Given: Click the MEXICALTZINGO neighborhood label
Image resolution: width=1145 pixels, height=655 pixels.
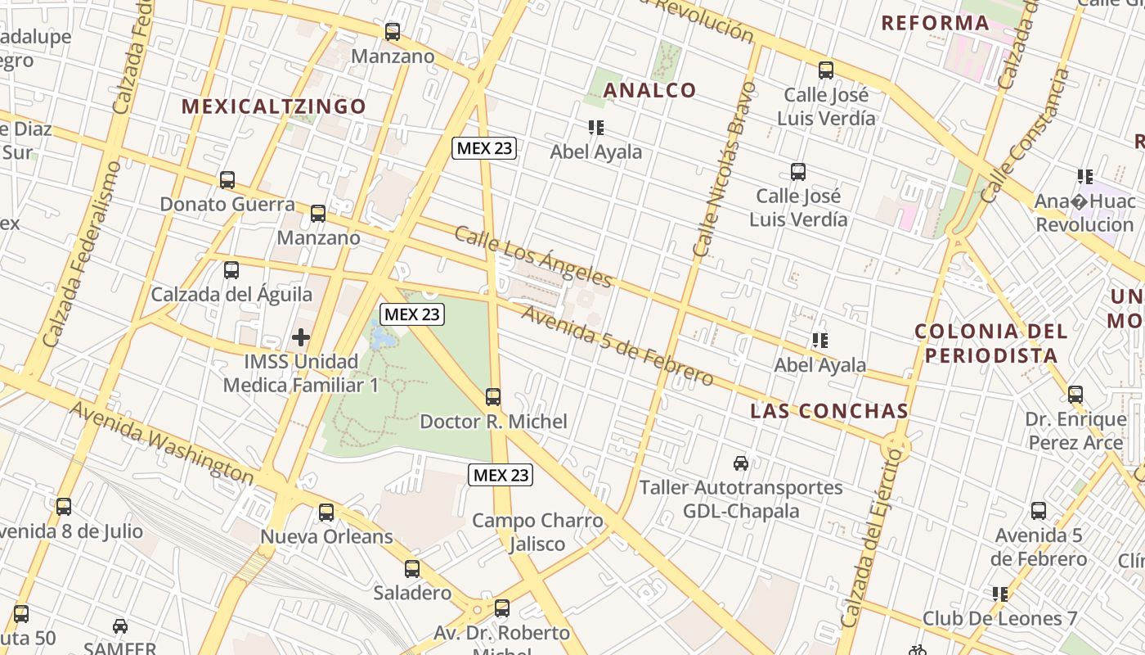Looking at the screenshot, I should (x=273, y=106).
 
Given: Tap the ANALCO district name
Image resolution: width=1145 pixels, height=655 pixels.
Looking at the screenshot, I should (x=649, y=90).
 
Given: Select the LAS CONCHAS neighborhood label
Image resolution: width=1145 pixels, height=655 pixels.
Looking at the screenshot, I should (x=829, y=411).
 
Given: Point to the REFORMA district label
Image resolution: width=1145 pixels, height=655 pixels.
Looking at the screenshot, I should (x=935, y=23).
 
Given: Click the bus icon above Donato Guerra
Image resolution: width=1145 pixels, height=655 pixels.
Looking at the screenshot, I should (x=227, y=180).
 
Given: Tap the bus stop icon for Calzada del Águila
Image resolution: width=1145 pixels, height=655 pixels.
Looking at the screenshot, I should (x=231, y=270).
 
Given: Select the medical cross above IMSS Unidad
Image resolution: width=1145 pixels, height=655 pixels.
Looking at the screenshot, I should (x=301, y=337).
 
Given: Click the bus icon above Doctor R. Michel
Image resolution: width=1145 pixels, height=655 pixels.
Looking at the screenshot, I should (x=493, y=397).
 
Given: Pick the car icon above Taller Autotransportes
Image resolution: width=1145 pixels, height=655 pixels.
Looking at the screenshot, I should (x=741, y=463).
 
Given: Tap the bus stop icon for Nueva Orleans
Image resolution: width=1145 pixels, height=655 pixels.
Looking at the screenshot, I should (x=326, y=513).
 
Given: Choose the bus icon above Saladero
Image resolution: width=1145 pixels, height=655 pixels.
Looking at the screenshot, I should (x=412, y=568).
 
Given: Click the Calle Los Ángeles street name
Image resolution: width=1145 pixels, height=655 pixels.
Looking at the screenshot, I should (x=532, y=257).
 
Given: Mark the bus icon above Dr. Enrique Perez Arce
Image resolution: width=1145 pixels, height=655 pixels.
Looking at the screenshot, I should (x=1075, y=395).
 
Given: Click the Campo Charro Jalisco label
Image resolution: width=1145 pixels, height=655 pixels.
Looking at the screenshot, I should (x=537, y=532).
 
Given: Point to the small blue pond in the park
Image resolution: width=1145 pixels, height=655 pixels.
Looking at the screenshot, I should (x=380, y=333).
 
